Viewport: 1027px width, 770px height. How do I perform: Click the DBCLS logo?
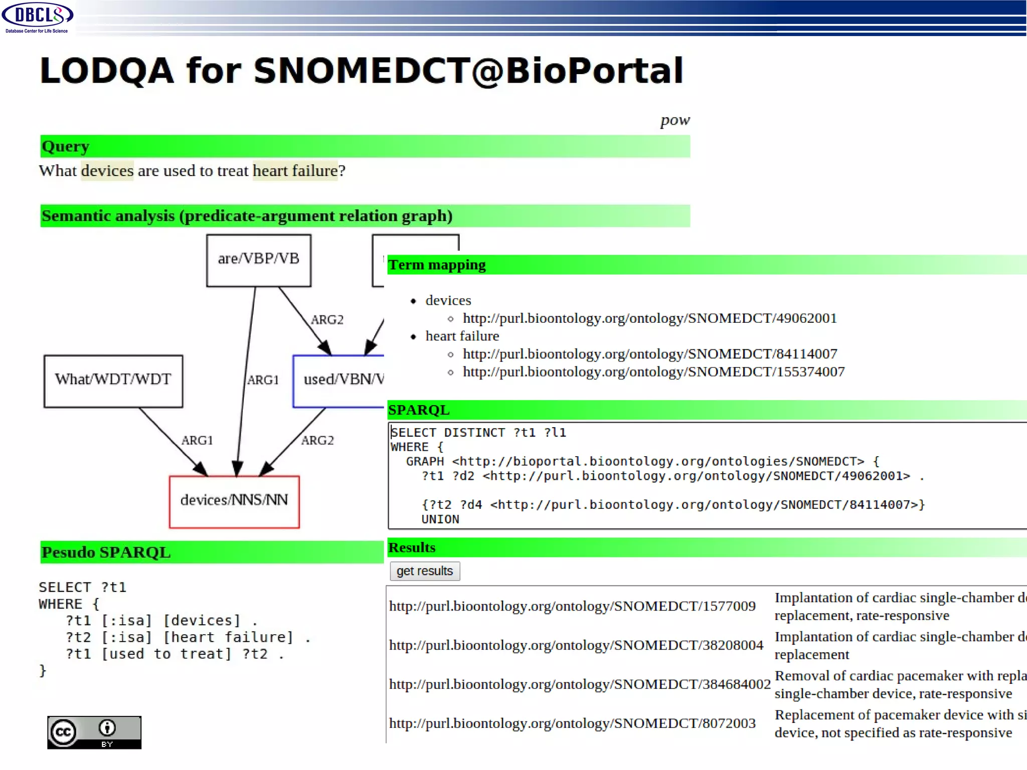point(38,17)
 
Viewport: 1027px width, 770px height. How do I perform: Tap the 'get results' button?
point(424,571)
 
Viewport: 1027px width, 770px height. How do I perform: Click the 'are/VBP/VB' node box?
point(259,260)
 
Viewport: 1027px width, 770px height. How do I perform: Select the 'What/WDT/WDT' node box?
point(113,381)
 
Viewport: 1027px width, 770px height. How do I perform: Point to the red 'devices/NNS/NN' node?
point(234,501)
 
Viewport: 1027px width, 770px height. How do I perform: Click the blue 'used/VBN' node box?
point(339,381)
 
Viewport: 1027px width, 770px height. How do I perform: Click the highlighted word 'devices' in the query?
point(107,171)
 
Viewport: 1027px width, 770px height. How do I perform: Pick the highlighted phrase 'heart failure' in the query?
point(295,171)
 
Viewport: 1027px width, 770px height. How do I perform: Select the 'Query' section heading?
point(66,146)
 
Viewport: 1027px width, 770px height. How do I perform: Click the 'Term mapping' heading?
point(437,265)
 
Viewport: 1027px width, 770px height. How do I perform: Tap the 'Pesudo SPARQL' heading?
point(106,552)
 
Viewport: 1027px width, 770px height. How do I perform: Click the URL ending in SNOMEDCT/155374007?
point(653,372)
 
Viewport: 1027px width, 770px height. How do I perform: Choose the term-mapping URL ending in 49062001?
point(649,318)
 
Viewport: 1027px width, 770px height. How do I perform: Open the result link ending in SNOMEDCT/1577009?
point(572,606)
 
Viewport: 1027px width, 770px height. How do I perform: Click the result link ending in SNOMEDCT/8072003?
point(572,723)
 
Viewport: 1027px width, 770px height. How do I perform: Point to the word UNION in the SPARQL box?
point(440,519)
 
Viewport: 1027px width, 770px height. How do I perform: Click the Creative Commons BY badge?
point(94,732)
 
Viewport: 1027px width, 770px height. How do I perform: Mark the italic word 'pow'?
point(675,120)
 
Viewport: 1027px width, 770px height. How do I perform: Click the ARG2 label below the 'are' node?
point(327,320)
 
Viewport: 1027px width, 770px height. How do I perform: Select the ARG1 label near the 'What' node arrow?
point(197,441)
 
